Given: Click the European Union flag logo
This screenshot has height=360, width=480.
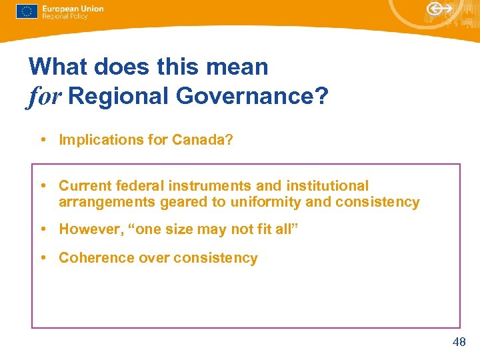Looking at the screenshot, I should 27,12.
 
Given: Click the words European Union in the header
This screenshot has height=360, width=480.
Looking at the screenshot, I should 73,9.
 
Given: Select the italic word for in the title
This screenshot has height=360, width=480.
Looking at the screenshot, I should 45,97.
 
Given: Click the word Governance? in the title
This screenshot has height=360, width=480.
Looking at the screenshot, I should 253,97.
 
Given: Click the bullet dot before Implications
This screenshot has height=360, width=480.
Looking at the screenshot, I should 42,140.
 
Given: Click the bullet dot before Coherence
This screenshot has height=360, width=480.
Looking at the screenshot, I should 42,259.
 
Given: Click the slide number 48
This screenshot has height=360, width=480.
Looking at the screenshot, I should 459,343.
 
